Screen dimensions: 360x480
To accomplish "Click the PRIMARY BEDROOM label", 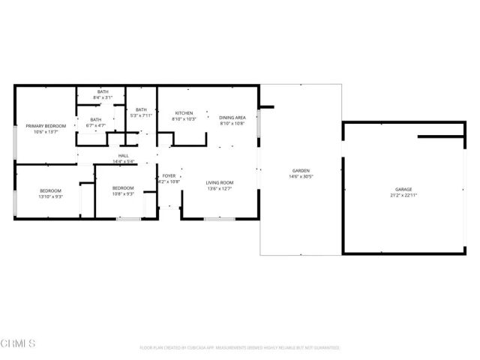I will point(46,126).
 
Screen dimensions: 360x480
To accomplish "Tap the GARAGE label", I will point(403,189).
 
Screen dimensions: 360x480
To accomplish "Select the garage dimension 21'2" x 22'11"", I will point(403,195).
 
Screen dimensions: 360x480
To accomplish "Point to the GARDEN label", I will point(301,171).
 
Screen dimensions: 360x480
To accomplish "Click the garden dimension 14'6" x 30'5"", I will point(301,177).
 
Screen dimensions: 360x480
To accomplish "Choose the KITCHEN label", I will point(184,113).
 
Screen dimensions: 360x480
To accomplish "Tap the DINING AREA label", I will point(232,118).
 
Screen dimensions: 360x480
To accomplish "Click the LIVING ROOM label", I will point(220,182).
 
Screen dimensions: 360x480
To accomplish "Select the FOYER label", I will point(169,175).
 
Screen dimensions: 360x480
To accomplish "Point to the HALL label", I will point(123,155).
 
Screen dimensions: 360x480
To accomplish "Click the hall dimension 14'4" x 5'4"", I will point(123,161).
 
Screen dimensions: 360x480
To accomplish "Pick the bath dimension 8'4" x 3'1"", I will point(102,98).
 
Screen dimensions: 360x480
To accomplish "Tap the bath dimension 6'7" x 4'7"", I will point(96,125).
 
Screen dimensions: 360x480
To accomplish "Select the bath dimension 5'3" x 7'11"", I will point(141,115).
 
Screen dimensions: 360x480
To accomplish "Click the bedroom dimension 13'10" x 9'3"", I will point(51,197).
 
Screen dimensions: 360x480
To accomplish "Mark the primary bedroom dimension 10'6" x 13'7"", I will point(46,132).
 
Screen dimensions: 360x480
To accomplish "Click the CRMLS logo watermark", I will point(18,343).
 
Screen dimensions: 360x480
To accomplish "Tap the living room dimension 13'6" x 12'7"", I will point(220,188).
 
